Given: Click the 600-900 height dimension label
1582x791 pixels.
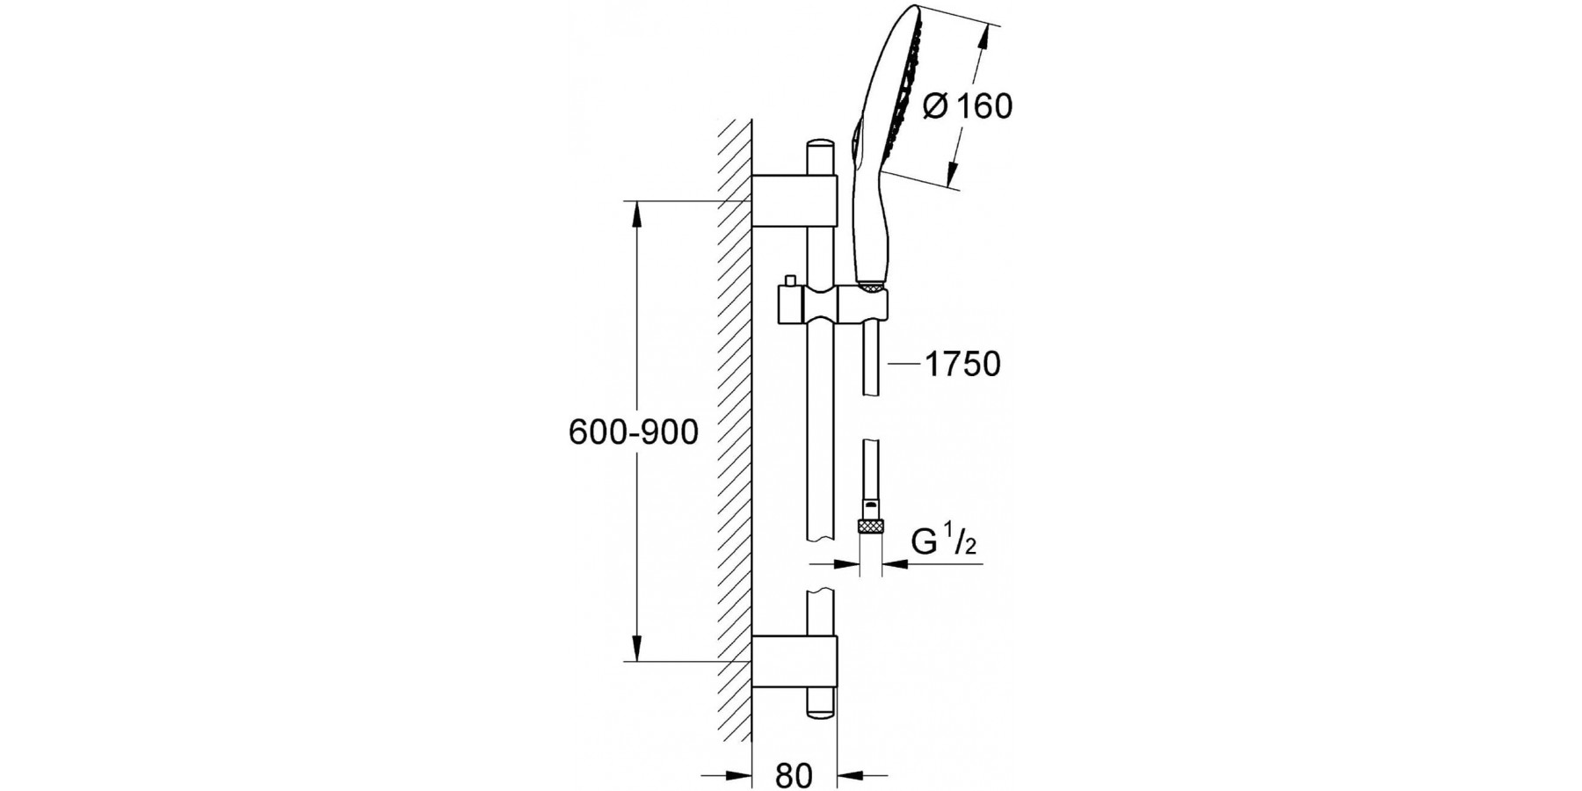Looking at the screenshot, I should (x=633, y=432).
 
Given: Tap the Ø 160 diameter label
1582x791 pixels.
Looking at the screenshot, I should (x=968, y=106).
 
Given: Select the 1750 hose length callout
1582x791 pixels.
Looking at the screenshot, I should (x=962, y=363).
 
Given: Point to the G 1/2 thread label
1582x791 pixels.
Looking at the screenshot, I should (x=944, y=542).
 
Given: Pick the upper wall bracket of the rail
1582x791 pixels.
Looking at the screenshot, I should (x=795, y=201).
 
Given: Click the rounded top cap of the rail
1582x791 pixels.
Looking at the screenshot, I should (x=820, y=145).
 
